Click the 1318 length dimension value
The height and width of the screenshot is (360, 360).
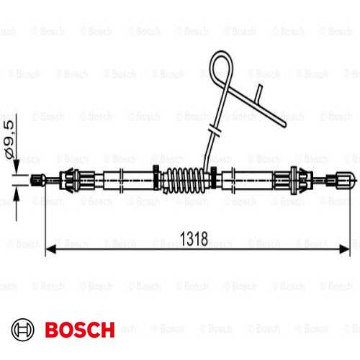click(194, 239)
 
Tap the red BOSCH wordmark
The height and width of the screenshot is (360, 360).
click(80, 330)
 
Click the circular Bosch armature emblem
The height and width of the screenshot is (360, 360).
click(23, 330)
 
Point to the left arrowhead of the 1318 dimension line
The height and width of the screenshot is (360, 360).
click(50, 249)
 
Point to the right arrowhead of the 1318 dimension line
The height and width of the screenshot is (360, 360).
click(345, 249)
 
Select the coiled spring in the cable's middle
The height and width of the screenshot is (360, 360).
click(186, 180)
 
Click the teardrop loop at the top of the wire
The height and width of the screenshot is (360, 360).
click(221, 66)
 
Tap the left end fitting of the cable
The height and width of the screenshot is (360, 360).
click(38, 180)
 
